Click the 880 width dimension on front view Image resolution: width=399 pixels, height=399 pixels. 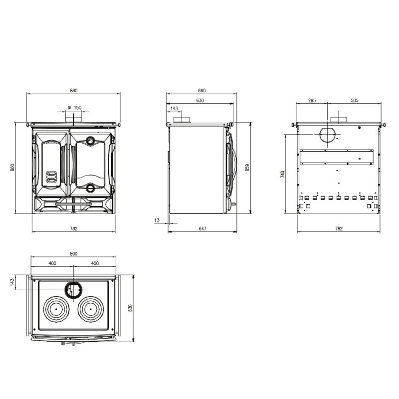(73, 90)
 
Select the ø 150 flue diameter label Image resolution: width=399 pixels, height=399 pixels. (74, 107)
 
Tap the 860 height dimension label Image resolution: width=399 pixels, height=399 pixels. (12, 167)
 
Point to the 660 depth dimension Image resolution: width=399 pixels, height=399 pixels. (201, 90)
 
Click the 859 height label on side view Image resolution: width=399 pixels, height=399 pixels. (247, 168)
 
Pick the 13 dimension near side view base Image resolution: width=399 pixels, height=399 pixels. (157, 220)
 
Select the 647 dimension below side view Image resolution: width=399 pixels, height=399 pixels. (202, 228)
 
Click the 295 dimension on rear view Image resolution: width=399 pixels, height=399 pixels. (312, 100)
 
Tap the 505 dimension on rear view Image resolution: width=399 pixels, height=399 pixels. (354, 100)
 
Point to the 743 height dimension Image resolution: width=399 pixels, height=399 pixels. (282, 174)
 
